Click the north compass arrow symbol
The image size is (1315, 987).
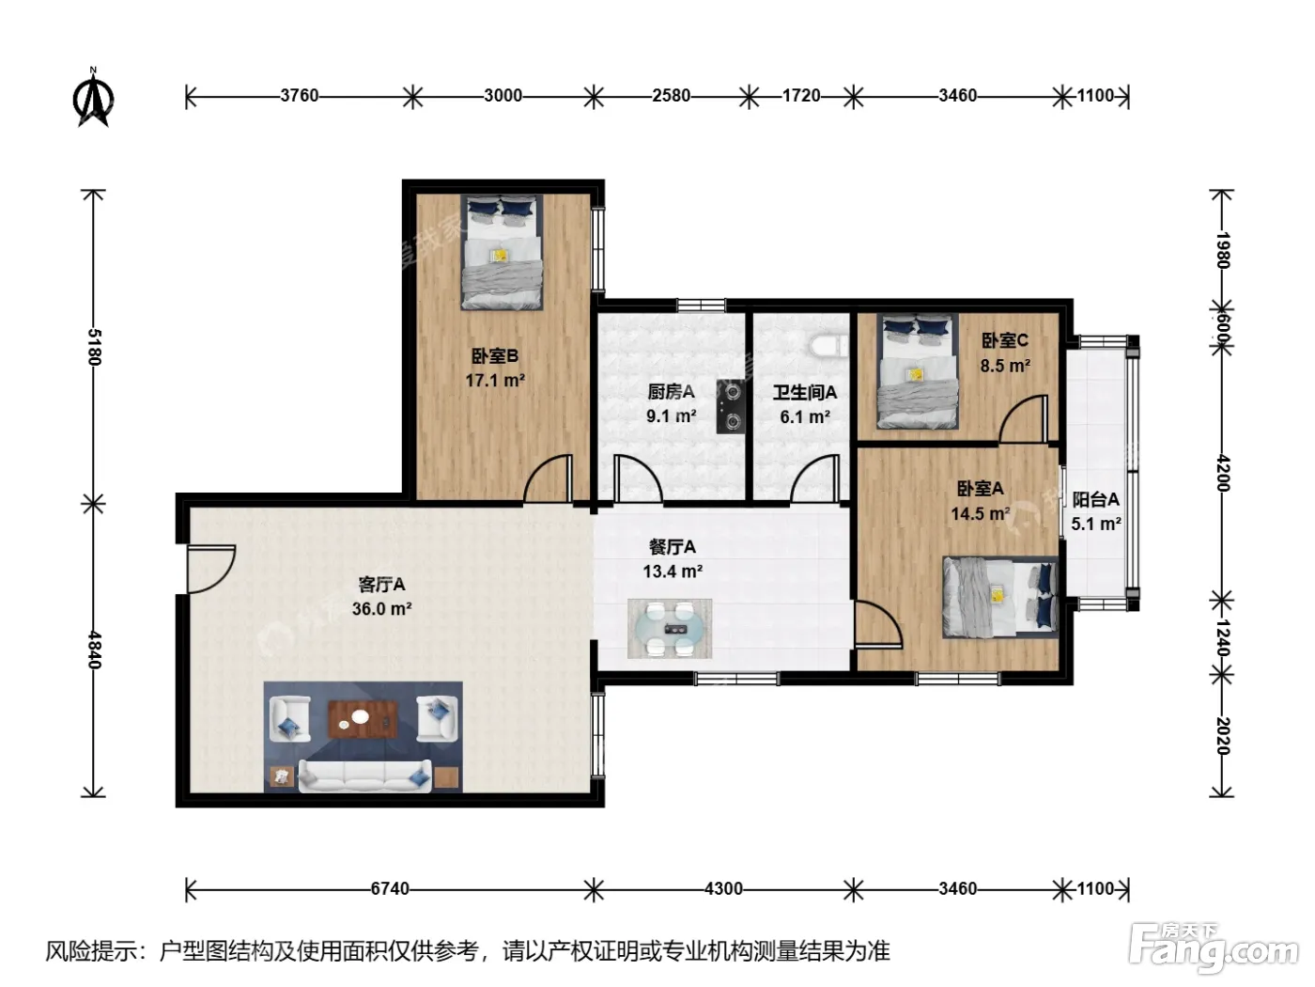(x=93, y=98)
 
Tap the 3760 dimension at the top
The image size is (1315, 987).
(x=300, y=96)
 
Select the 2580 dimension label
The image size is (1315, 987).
(x=671, y=96)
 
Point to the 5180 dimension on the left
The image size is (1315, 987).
(x=94, y=347)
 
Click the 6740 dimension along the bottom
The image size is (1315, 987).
(x=390, y=888)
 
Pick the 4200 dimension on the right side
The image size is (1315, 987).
(x=1223, y=474)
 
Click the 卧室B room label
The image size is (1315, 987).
(x=494, y=356)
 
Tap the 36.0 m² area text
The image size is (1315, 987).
(x=381, y=609)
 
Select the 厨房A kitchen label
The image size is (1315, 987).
(x=671, y=392)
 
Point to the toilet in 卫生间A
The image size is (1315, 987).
(x=828, y=347)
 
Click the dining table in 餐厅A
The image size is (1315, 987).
(x=670, y=629)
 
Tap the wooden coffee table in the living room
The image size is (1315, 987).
(x=364, y=719)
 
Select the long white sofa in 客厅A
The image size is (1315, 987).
(x=364, y=776)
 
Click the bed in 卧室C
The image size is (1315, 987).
(x=917, y=372)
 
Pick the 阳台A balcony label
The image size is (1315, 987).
(x=1096, y=499)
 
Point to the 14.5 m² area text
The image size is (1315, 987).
(x=981, y=514)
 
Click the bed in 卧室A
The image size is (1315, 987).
(x=1000, y=597)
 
